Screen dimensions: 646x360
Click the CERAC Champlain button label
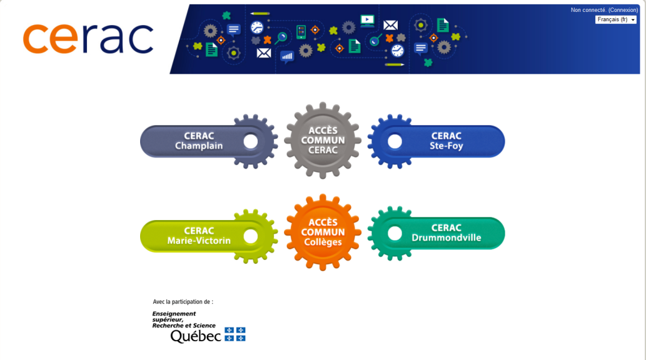coord(199,141)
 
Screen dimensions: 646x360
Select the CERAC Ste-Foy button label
coord(446,141)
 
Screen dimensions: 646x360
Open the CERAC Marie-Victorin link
coord(199,236)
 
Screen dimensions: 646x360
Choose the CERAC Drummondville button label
coord(446,232)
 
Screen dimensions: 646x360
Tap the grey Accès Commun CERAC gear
coord(323,141)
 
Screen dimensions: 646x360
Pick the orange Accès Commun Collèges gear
coord(323,232)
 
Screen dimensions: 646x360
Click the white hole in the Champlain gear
coord(251,141)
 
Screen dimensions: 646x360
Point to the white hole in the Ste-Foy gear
coord(395,141)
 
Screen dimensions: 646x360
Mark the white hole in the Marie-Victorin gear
coord(251,236)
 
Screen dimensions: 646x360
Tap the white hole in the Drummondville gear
coord(395,233)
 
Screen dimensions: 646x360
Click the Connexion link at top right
coord(623,10)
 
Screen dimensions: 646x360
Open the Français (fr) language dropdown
coord(615,19)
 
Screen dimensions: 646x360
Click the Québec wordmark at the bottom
coord(196,336)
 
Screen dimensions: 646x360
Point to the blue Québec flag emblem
coord(235,334)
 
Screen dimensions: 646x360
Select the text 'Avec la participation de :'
coord(183,301)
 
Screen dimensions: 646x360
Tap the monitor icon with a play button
coord(367,21)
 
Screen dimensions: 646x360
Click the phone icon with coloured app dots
coord(301,32)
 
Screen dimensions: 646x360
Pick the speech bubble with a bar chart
coord(287,56)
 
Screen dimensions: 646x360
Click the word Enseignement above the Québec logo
coord(174,314)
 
